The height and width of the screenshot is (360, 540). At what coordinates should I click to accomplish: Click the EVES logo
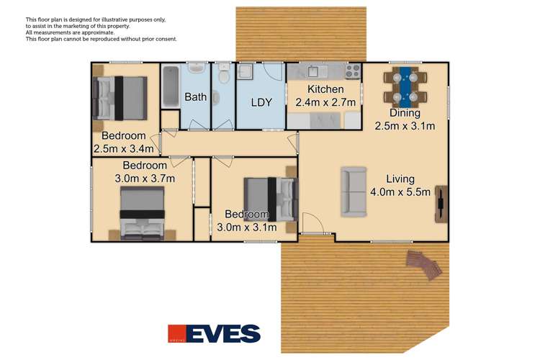pyautogui.click(x=214, y=333)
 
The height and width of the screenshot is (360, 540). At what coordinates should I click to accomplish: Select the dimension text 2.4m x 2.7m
pyautogui.click(x=326, y=102)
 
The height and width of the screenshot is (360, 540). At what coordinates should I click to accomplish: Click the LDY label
pyautogui.click(x=261, y=102)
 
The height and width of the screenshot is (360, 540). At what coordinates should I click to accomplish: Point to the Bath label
pyautogui.click(x=195, y=96)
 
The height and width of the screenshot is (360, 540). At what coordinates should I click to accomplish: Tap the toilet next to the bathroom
pyautogui.click(x=224, y=74)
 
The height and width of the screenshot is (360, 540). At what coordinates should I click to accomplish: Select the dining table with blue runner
pyautogui.click(x=405, y=86)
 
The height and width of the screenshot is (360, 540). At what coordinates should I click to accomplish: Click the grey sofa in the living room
pyautogui.click(x=354, y=191)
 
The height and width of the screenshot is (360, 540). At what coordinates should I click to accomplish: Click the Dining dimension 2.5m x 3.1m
pyautogui.click(x=405, y=126)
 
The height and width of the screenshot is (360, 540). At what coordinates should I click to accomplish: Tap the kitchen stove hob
pyautogui.click(x=352, y=71)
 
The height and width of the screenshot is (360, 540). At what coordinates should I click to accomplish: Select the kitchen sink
pyautogui.click(x=315, y=71)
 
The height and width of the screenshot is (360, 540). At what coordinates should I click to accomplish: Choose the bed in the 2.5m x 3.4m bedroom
pyautogui.click(x=120, y=97)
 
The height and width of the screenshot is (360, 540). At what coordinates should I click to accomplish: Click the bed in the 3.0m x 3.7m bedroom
pyautogui.click(x=143, y=212)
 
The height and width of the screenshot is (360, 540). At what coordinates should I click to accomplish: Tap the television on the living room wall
pyautogui.click(x=440, y=202)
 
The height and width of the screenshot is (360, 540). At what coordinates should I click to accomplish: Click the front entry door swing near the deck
pyautogui.click(x=312, y=224)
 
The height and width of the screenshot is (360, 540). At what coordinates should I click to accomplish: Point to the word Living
pyautogui.click(x=400, y=179)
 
